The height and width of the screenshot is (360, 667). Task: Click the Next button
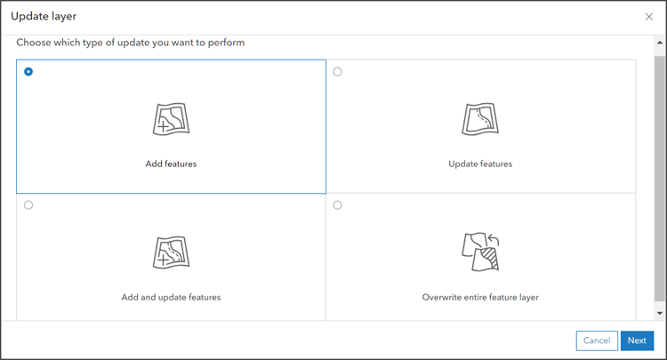tap(637, 340)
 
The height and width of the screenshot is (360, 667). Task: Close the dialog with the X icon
tap(648, 17)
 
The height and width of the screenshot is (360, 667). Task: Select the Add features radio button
tap(28, 72)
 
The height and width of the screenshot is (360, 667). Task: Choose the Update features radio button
tap(337, 72)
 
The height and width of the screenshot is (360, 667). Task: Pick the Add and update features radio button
tap(28, 205)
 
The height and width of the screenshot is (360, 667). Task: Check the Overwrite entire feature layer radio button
tap(337, 205)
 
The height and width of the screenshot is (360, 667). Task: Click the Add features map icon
tap(171, 118)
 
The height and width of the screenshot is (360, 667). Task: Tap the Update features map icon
tap(480, 118)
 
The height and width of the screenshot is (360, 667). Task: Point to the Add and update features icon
tap(171, 252)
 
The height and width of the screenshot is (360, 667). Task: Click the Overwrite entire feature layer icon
tap(480, 252)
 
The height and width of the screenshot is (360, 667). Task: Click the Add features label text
tap(171, 164)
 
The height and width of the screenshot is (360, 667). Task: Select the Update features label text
tap(480, 164)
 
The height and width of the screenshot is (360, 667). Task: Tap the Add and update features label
tap(171, 297)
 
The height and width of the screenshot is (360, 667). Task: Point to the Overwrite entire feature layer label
tap(480, 297)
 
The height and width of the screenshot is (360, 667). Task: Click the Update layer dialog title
tap(44, 16)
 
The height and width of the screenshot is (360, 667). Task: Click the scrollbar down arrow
tap(659, 313)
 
